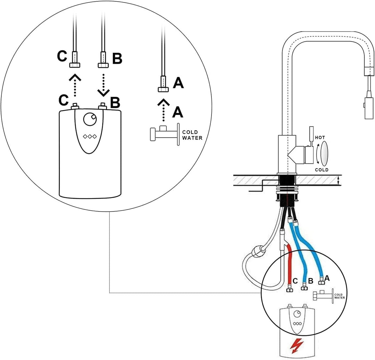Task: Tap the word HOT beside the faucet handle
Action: pos(320,138)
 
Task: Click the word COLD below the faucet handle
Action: pos(322,170)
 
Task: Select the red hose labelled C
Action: pos(290,265)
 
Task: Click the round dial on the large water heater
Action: pos(90,119)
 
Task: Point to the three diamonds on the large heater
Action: pos(90,136)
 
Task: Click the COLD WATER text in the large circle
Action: pos(192,135)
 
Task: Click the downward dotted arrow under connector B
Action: pos(103,85)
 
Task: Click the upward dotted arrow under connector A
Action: pos(163,110)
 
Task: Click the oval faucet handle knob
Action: pos(324,153)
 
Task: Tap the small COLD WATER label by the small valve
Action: pos(339,296)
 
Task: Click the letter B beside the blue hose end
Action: pos(310,281)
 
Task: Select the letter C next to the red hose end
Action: pos(295,281)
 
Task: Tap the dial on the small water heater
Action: pos(298,314)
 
